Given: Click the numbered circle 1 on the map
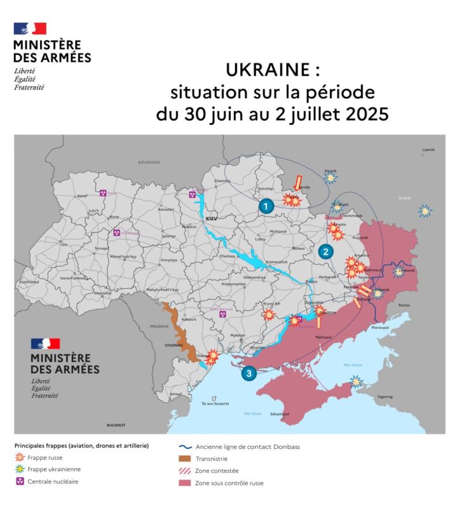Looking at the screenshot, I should [266, 205].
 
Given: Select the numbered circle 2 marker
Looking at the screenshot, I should [325, 251].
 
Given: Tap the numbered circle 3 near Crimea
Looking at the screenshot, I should [248, 373].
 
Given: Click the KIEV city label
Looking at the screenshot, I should [212, 218].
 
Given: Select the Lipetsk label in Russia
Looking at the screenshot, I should [428, 150].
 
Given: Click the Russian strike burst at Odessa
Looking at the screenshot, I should [213, 358].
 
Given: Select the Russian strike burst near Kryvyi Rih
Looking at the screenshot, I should [269, 314].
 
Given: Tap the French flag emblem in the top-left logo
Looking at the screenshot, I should [30, 29].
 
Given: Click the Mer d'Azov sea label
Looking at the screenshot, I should [352, 365].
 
